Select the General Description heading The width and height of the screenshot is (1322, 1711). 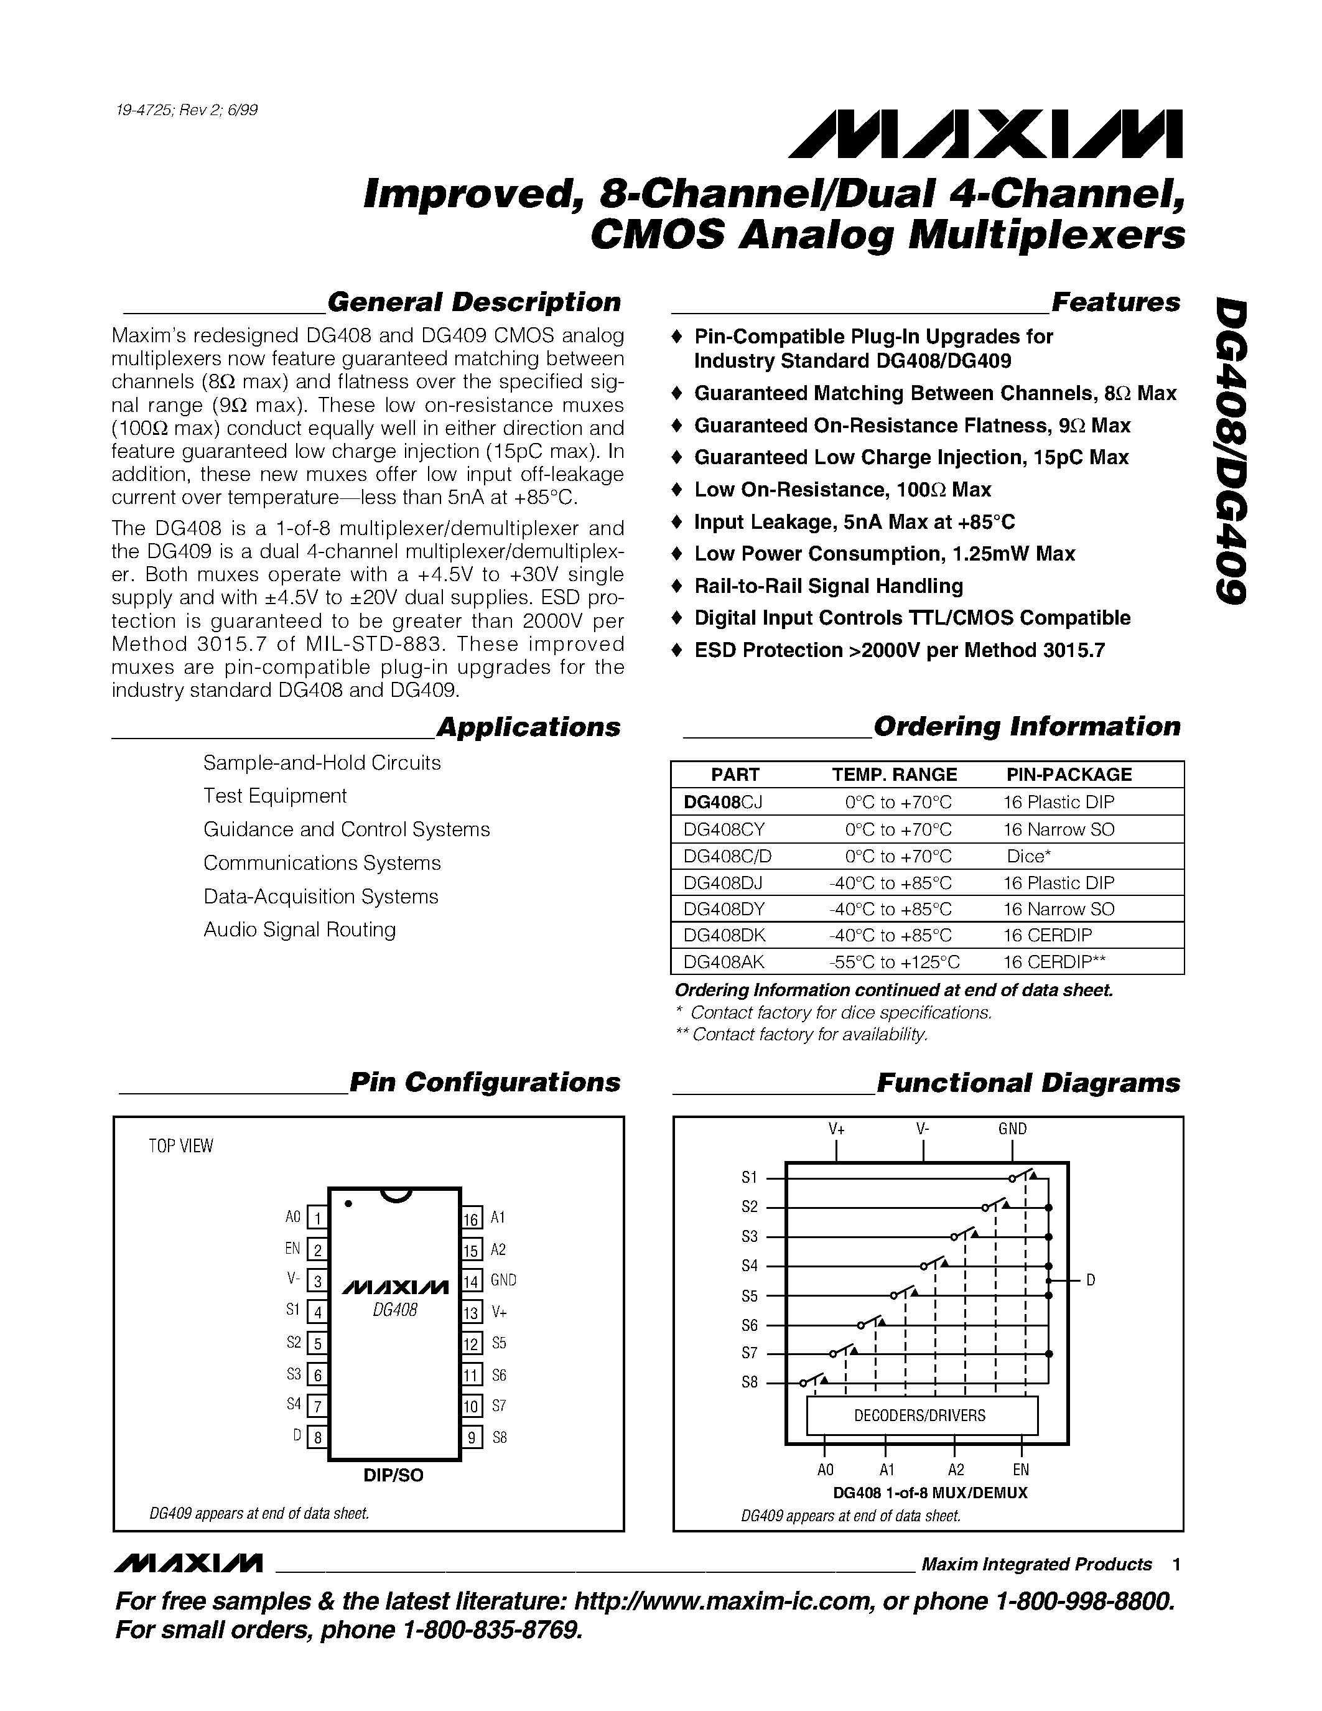[x=473, y=302]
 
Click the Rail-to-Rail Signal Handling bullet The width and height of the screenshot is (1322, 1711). [x=828, y=586]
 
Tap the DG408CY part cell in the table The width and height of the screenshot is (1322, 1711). [x=724, y=829]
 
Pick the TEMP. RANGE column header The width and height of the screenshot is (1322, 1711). [x=893, y=775]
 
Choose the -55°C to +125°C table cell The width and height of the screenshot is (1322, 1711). [x=893, y=962]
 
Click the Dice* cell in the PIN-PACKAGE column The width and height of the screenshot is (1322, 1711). [x=1028, y=855]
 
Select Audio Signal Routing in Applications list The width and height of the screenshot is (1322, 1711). [x=299, y=930]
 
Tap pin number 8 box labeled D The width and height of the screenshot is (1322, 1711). [x=317, y=1438]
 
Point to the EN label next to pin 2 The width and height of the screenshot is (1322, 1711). [x=292, y=1249]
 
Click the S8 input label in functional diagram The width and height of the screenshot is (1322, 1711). [x=750, y=1382]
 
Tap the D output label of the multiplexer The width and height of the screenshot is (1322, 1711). [x=1090, y=1280]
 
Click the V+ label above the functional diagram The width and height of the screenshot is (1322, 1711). [x=836, y=1129]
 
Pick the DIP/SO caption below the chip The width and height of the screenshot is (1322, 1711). [x=393, y=1475]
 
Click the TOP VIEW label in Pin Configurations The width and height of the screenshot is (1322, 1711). [x=181, y=1146]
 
